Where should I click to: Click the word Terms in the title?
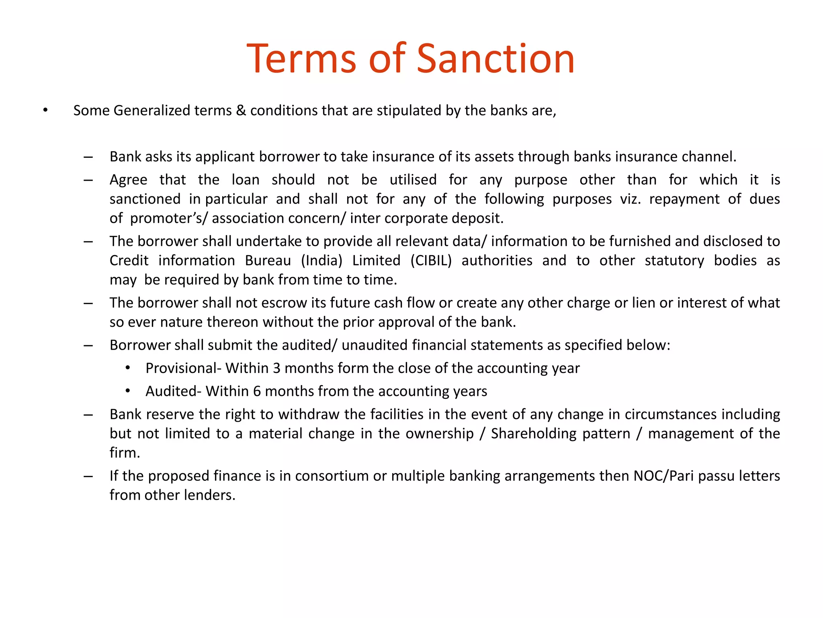click(x=301, y=59)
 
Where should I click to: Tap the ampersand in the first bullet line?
click(x=241, y=110)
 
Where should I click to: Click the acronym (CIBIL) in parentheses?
click(x=431, y=261)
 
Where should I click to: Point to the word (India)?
click(x=321, y=261)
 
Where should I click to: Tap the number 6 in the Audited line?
click(x=257, y=391)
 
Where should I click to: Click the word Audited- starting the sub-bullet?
click(x=173, y=391)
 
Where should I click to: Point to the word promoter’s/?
click(x=169, y=218)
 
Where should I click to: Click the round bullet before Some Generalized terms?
click(x=45, y=110)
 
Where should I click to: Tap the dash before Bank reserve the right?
click(x=88, y=415)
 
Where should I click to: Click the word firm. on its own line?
click(x=125, y=453)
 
